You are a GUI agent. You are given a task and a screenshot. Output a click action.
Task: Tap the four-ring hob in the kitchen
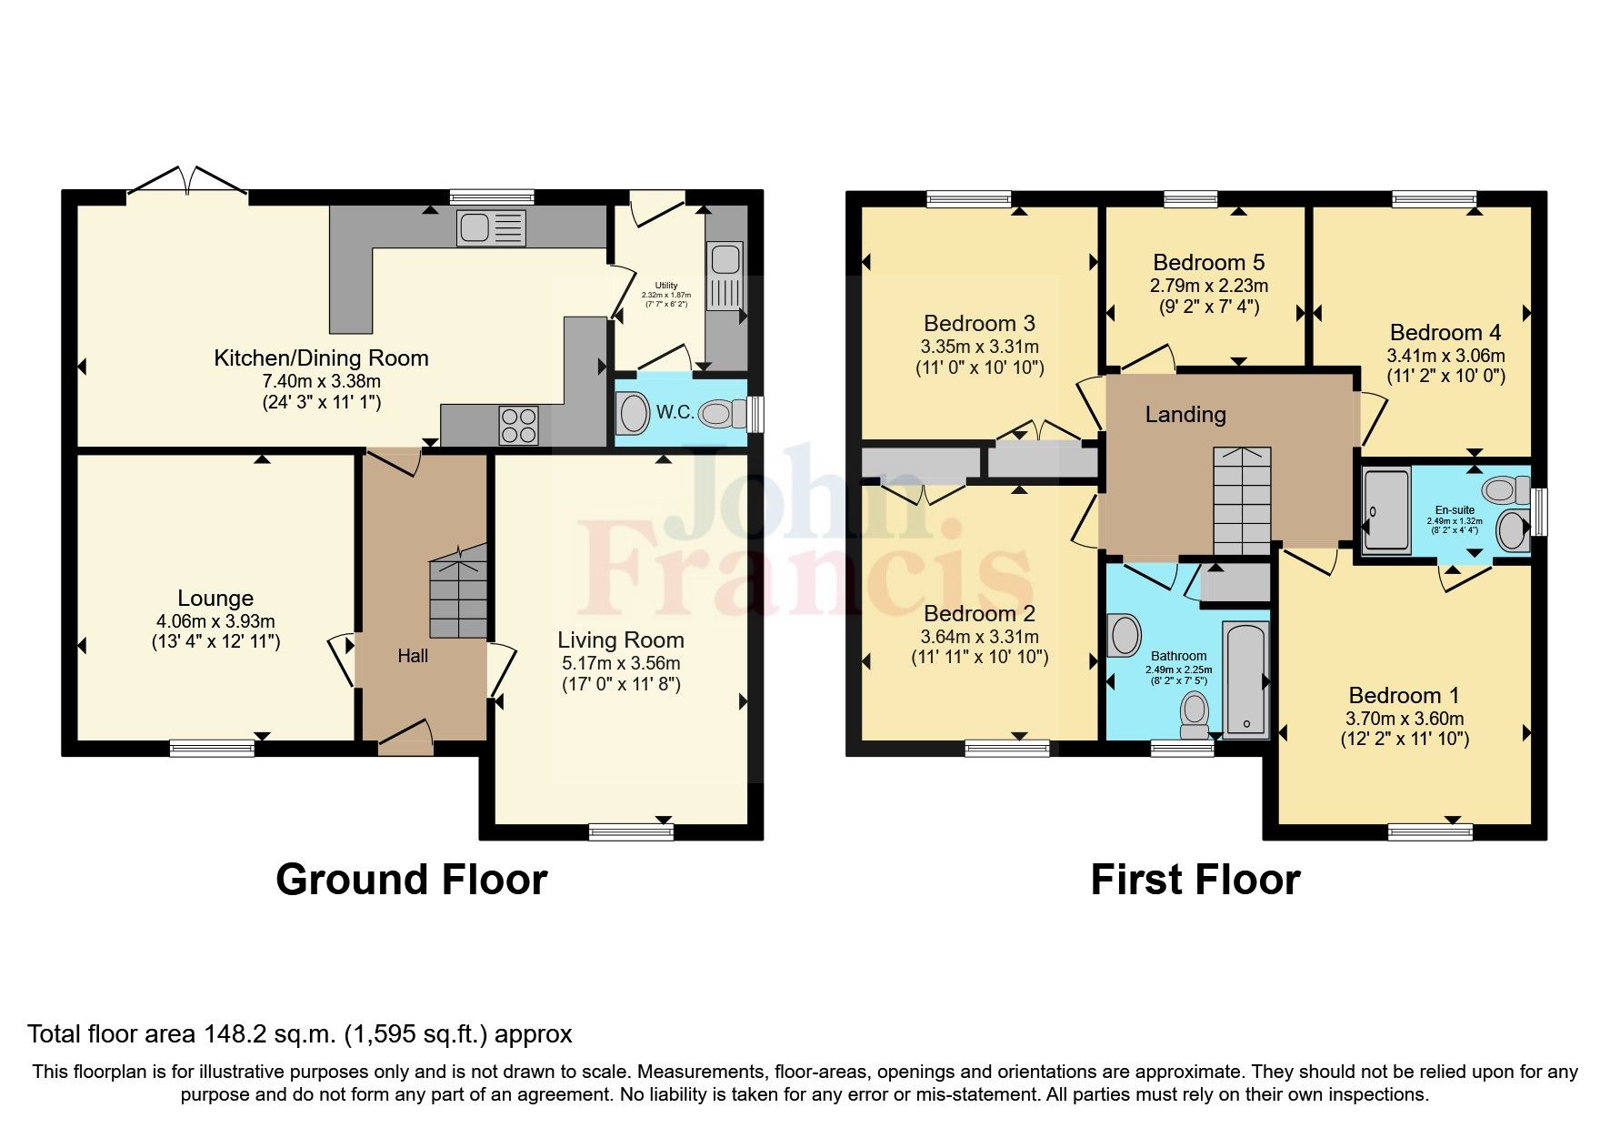[518, 425]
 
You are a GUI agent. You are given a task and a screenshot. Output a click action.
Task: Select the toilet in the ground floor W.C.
[717, 415]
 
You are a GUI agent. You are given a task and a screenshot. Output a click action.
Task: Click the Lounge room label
[215, 598]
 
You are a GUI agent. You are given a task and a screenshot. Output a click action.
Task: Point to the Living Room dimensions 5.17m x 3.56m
[621, 663]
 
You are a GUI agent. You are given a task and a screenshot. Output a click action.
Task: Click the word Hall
[413, 656]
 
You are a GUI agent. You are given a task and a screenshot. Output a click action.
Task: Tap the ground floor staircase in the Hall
[459, 596]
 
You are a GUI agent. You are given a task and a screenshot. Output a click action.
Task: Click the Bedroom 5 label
[1208, 262]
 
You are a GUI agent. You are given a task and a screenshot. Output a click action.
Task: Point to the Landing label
[1185, 415]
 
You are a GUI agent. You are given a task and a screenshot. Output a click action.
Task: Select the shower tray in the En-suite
[1386, 510]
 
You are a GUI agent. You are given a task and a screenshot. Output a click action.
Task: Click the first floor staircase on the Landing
[1242, 500]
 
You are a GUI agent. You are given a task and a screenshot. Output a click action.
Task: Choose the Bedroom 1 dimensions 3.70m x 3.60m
[1405, 718]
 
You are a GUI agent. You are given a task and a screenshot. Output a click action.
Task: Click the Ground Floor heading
[411, 880]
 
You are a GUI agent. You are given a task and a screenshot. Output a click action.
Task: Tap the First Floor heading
[1195, 880]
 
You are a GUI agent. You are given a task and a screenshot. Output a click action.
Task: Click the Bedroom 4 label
[1445, 332]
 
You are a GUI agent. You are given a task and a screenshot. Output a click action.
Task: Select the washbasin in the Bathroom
[1125, 635]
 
